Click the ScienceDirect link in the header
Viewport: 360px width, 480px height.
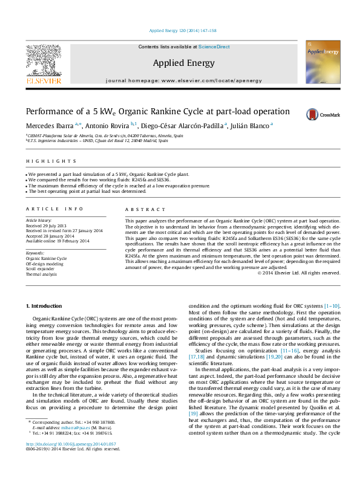(x=214, y=47)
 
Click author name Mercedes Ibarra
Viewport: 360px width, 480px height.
(x=49, y=125)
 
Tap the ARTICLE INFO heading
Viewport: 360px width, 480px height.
(x=54, y=209)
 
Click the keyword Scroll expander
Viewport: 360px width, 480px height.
(x=40, y=268)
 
